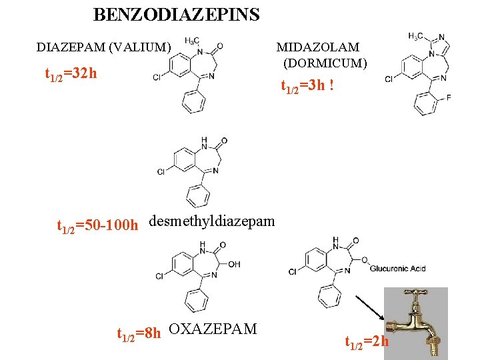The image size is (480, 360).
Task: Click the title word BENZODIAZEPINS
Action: (x=176, y=15)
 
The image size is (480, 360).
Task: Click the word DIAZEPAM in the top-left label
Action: (x=67, y=47)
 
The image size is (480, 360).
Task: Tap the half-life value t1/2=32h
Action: (x=71, y=73)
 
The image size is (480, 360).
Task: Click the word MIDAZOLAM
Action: (x=318, y=47)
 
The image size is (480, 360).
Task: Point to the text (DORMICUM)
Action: (x=325, y=63)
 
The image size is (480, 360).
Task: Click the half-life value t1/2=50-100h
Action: (x=97, y=227)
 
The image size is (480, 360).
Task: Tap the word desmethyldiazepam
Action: (x=212, y=221)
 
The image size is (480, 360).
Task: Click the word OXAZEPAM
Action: (x=213, y=329)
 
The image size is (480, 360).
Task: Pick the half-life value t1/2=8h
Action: (x=139, y=333)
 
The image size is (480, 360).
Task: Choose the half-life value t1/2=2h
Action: (x=367, y=343)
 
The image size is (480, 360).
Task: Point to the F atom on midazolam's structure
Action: (x=448, y=97)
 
